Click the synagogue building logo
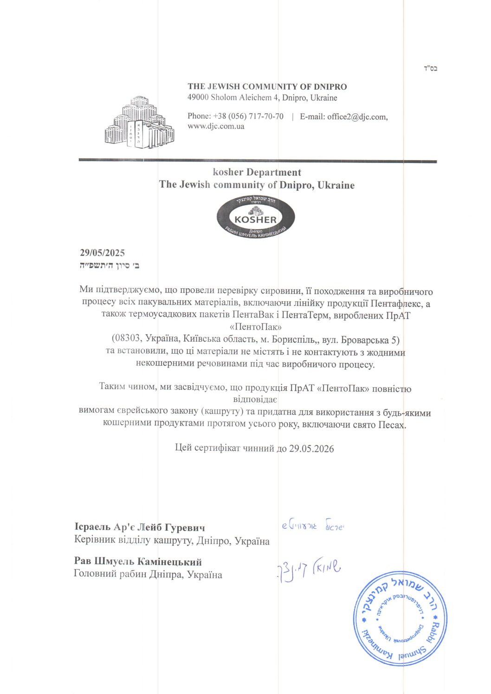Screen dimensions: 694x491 [139, 123]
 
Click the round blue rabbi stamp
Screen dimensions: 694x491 [401, 618]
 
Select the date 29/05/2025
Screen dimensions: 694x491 [102, 253]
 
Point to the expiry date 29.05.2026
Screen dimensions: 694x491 [311, 448]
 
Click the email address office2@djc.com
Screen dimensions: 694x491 [357, 117]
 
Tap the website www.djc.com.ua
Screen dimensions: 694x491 [216, 126]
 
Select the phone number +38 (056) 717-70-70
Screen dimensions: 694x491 [248, 117]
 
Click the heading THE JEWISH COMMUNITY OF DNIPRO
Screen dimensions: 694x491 [267, 86]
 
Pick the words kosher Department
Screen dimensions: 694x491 [257, 172]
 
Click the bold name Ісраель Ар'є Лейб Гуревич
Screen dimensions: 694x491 [140, 527]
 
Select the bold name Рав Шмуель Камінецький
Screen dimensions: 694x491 [138, 562]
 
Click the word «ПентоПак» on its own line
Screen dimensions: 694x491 [256, 327]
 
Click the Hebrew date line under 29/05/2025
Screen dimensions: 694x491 [110, 266]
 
